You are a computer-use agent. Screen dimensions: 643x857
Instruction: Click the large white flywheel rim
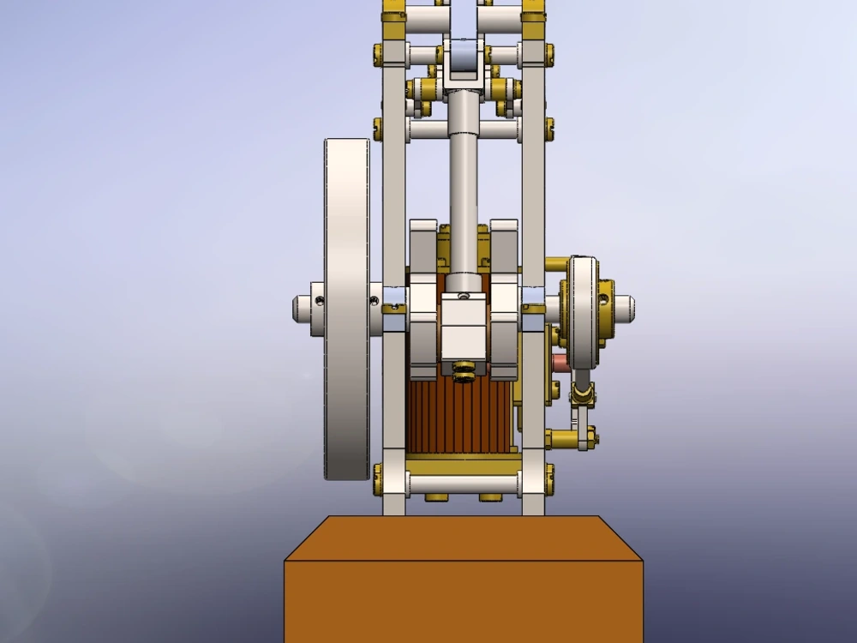346,309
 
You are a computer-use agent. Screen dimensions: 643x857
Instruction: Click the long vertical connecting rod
464,197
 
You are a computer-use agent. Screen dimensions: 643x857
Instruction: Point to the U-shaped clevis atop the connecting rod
464,64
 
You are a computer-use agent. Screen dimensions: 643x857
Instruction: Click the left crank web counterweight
423,300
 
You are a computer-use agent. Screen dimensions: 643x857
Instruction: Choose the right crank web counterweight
504,300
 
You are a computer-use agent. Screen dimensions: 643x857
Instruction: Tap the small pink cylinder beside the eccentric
561,364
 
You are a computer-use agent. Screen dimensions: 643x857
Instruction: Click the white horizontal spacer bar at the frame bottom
464,484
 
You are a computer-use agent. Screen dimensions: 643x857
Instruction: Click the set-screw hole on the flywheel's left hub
320,300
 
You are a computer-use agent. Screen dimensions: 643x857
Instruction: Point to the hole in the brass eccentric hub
603,299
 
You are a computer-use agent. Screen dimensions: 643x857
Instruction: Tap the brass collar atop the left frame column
393,14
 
